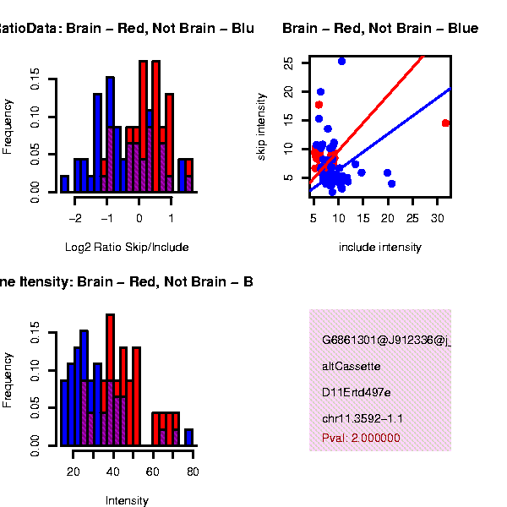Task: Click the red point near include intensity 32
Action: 445,123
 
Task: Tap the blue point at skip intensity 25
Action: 341,61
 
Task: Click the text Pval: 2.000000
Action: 361,438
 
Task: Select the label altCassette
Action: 352,367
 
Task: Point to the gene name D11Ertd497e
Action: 357,393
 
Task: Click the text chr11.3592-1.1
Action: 363,419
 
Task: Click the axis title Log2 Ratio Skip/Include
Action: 127,248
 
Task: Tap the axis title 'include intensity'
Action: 379,248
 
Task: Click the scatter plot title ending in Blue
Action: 380,29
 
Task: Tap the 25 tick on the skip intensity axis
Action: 290,63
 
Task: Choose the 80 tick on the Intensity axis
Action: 193,471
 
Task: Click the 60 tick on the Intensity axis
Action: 153,471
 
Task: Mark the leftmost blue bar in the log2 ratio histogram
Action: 65,183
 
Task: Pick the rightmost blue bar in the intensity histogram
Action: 189,437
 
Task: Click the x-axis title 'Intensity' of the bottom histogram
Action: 127,500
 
